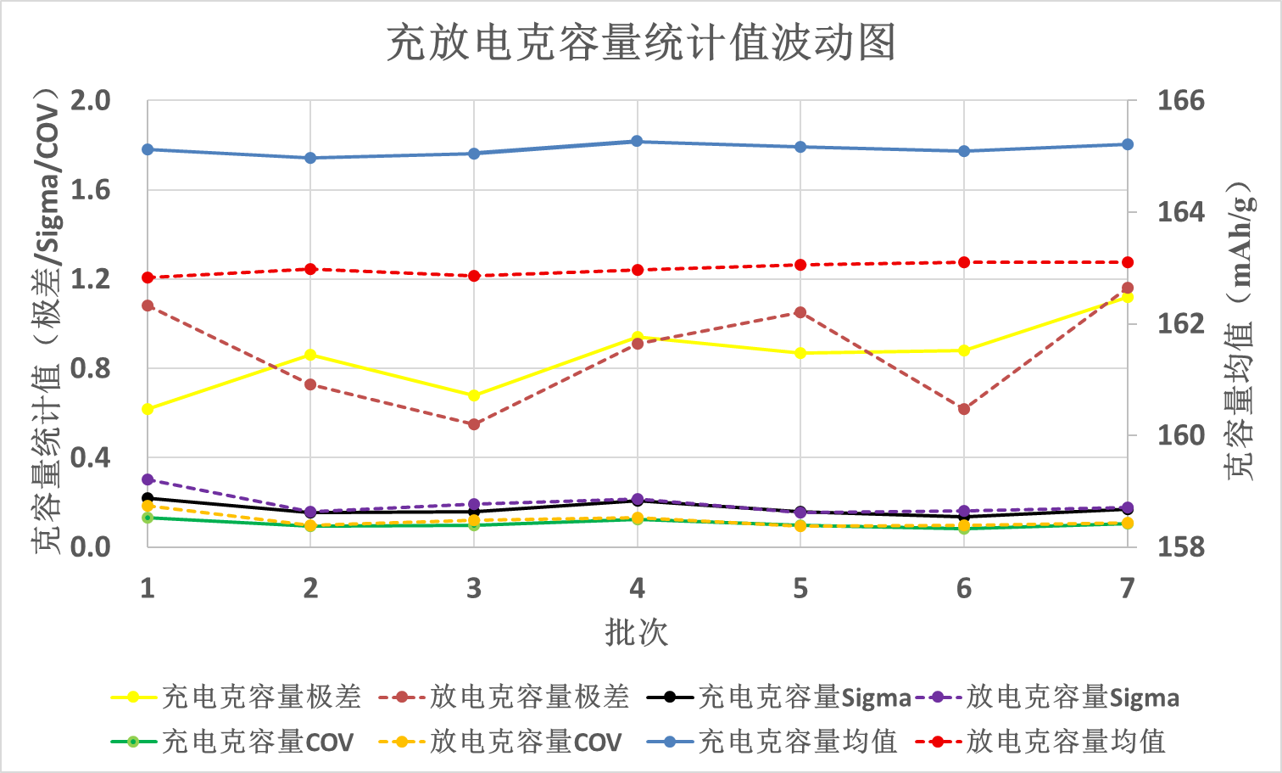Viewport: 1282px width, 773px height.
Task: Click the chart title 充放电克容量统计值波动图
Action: [x=641, y=42]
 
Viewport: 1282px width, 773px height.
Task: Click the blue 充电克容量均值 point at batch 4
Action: [x=638, y=142]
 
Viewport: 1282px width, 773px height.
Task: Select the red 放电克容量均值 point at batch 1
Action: [x=148, y=277]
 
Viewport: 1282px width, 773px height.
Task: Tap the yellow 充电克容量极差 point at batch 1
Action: [x=148, y=409]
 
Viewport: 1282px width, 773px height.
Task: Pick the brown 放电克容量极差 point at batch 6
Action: [x=964, y=409]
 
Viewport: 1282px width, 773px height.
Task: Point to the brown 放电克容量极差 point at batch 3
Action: [x=474, y=424]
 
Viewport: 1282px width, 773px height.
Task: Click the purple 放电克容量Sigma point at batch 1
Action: [x=148, y=479]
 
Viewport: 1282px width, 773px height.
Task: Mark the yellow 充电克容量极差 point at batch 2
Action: [x=310, y=355]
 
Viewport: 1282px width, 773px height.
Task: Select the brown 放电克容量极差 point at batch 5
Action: [x=800, y=312]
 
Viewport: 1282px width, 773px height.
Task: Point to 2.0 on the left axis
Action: [x=91, y=101]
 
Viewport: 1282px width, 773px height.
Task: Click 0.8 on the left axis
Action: [x=91, y=368]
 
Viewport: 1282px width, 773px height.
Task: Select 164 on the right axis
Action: [x=1181, y=212]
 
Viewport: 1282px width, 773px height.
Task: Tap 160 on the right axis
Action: [x=1181, y=435]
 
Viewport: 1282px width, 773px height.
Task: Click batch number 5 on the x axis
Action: [x=800, y=588]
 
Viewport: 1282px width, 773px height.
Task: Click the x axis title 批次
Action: [x=637, y=632]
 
